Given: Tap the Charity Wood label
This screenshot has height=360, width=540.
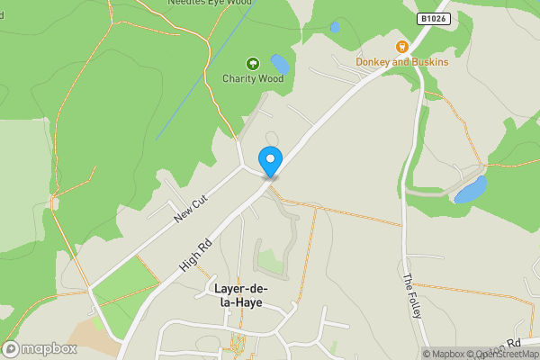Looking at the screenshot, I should [253, 78].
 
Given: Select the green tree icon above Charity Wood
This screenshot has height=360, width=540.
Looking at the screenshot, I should [253, 64].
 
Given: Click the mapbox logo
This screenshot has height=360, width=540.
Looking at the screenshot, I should [40, 348].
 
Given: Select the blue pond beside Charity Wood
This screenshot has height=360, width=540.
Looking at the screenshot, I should [280, 64].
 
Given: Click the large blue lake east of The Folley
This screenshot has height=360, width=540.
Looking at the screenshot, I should [471, 189].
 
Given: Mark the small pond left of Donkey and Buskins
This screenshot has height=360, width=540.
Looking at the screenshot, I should [335, 28].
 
